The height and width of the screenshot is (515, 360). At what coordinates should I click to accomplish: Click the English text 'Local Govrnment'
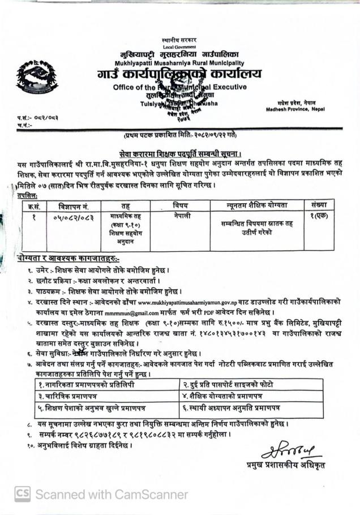coord(179,46)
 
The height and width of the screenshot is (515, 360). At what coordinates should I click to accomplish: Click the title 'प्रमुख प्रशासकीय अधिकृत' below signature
coord(286,466)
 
